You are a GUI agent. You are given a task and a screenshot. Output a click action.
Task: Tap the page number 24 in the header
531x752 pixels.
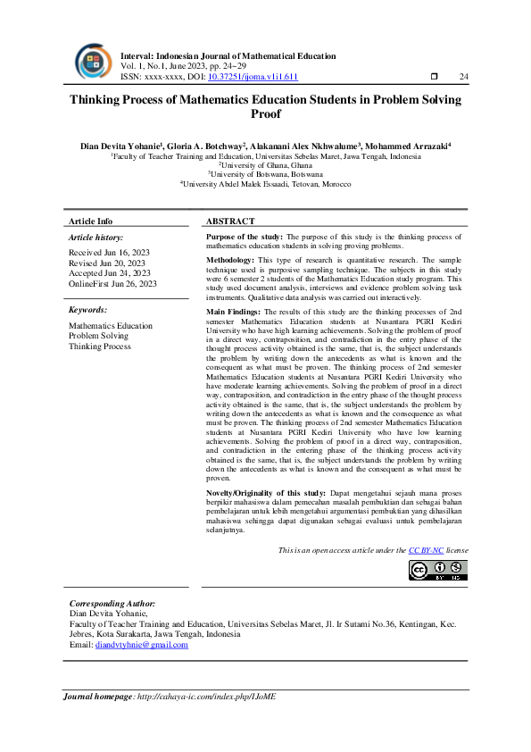(463, 77)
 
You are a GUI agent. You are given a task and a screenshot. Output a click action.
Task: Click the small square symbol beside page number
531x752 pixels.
(434, 77)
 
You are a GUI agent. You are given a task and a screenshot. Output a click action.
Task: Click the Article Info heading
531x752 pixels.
(91, 221)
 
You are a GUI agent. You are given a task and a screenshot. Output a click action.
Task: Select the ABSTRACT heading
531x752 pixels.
(230, 221)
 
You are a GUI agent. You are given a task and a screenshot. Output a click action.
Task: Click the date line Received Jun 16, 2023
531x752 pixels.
(107, 254)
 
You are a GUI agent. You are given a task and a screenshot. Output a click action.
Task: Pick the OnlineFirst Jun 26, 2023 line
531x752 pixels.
(112, 283)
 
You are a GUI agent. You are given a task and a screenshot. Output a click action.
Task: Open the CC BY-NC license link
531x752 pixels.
(426, 551)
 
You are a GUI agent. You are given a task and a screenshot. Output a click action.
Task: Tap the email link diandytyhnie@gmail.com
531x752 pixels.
(141, 644)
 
